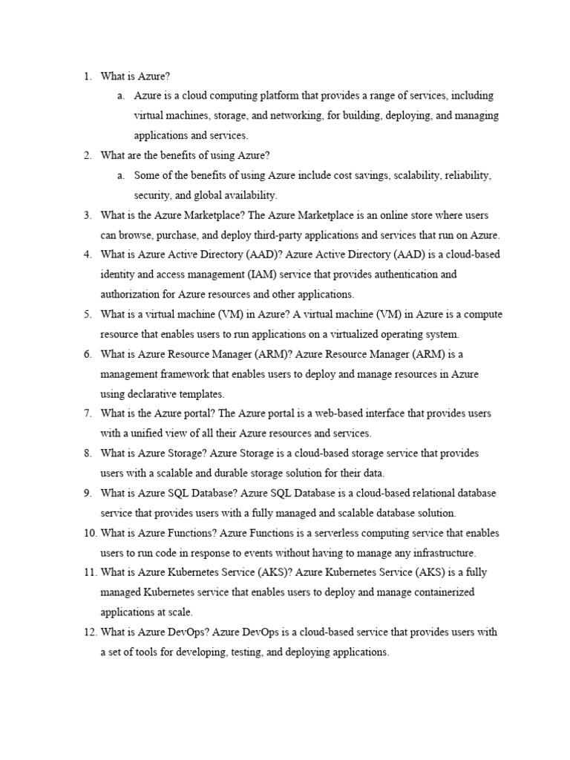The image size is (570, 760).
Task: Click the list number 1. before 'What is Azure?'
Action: (x=87, y=76)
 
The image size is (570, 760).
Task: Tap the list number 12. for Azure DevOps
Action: (x=89, y=632)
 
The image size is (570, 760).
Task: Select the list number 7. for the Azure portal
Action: (x=87, y=413)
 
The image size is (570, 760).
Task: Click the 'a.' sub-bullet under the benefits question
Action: (x=120, y=176)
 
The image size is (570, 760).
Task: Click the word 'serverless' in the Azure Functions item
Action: (x=292, y=533)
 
